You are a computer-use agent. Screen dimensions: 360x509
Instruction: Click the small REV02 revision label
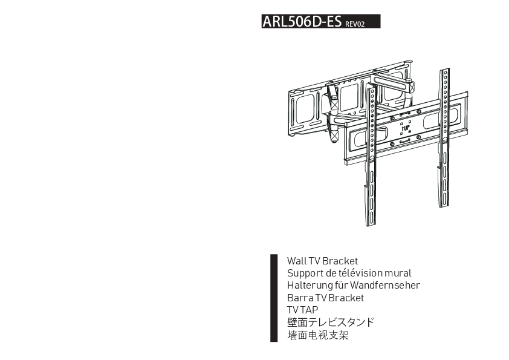click(x=355, y=25)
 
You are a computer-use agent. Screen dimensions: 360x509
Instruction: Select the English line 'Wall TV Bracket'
click(x=322, y=261)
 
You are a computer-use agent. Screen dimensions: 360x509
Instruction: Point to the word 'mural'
click(x=398, y=273)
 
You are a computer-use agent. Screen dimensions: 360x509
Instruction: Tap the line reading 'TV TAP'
click(x=302, y=310)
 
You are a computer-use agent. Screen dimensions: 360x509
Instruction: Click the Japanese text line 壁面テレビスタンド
click(x=330, y=322)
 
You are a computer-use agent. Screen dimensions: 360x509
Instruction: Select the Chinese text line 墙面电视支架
click(x=317, y=335)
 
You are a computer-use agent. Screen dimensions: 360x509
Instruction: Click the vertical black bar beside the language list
click(x=274, y=298)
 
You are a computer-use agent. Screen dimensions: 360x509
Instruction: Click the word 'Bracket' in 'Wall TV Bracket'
click(x=340, y=261)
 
